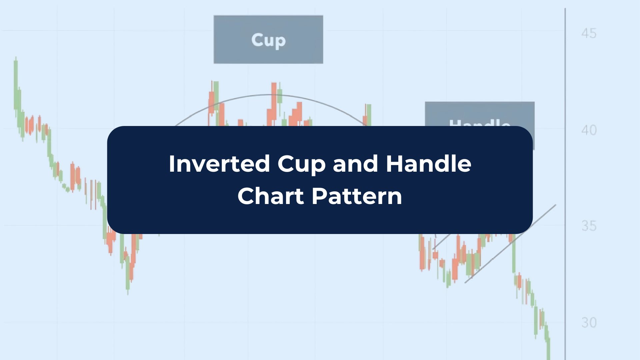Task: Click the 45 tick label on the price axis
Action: [589, 33]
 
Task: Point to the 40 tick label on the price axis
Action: [589, 130]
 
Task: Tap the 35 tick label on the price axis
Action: [589, 226]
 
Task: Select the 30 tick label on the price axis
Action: [589, 322]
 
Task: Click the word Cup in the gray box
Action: [268, 40]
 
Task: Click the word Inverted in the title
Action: [219, 164]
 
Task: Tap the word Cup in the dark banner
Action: [301, 164]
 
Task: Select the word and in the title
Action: [355, 164]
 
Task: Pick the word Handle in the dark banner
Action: [428, 164]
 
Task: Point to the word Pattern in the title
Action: [357, 196]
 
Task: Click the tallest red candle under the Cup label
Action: [274, 100]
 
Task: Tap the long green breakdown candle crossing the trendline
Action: [514, 253]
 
